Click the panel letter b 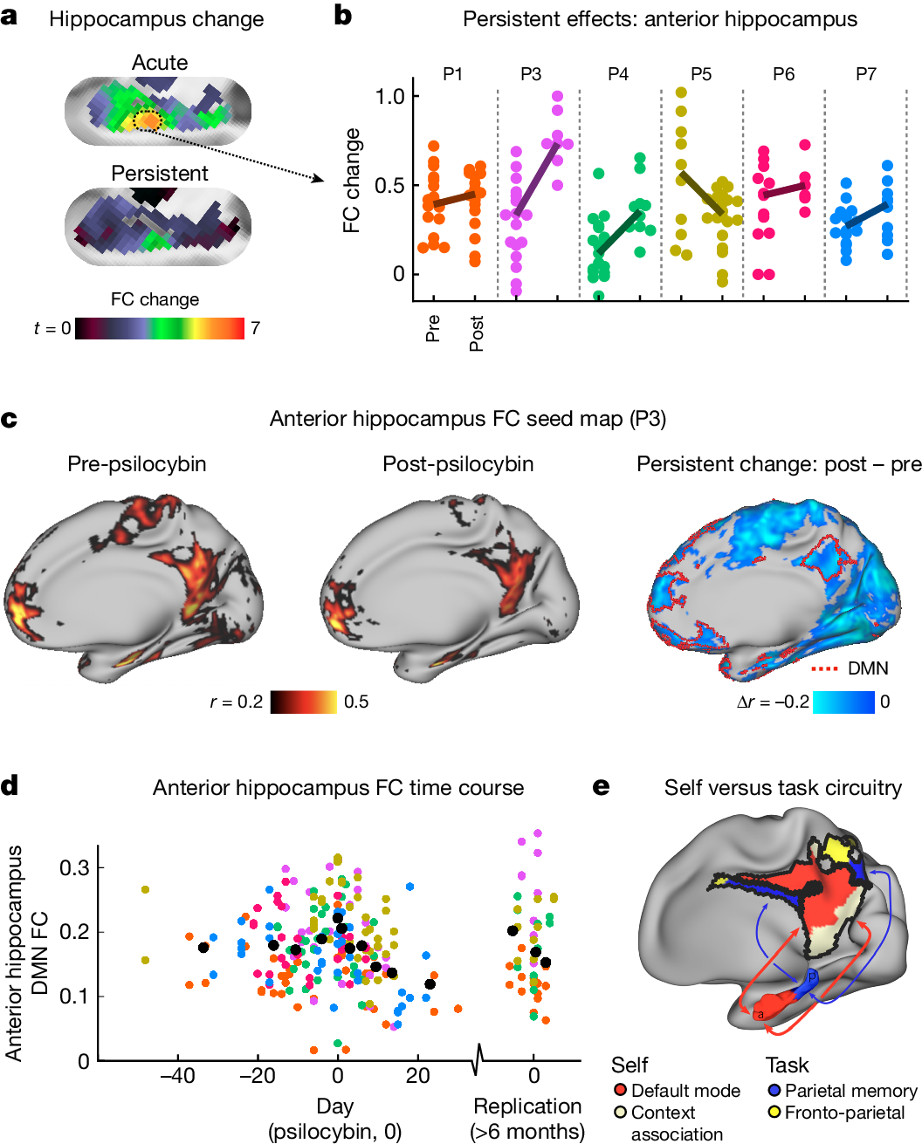(343, 17)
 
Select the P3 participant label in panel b (531, 74)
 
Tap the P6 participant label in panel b (784, 74)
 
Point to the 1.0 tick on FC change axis (390, 96)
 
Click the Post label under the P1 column (476, 333)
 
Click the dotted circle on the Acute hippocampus (148, 120)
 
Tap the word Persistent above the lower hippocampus (160, 174)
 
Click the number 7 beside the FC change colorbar (255, 328)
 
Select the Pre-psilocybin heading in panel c (137, 463)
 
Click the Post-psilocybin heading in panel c (458, 463)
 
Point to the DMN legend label (868, 668)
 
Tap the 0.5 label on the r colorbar (356, 702)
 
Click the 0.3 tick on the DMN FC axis (74, 867)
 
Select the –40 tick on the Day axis (177, 1075)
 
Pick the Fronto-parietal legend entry (844, 1113)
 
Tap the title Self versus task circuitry (782, 788)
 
